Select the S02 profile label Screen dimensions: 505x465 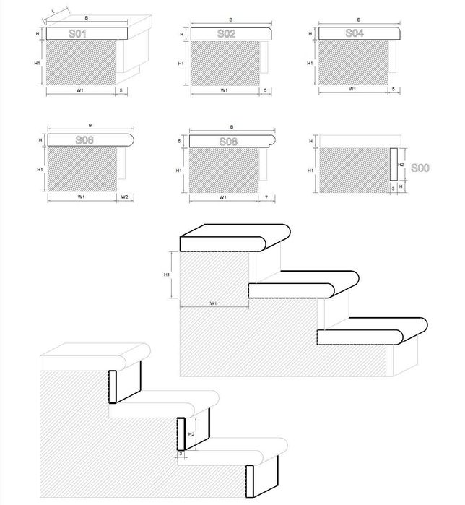tap(226, 33)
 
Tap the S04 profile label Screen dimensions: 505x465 tap(354, 33)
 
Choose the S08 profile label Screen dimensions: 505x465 tap(227, 140)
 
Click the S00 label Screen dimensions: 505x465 tap(420, 168)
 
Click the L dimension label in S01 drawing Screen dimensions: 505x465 tap(55, 12)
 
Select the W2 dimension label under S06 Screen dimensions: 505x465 tap(124, 197)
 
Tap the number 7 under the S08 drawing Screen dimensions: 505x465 tap(266, 197)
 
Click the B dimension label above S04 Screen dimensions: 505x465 tap(359, 20)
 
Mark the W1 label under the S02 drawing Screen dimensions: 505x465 tap(225, 90)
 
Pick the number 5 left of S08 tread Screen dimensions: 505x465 tap(179, 141)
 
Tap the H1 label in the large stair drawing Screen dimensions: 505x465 tap(166, 275)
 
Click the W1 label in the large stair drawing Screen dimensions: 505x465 tap(214, 303)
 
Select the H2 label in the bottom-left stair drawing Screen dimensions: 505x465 tap(190, 435)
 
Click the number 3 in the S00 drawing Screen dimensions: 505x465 tap(392, 186)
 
